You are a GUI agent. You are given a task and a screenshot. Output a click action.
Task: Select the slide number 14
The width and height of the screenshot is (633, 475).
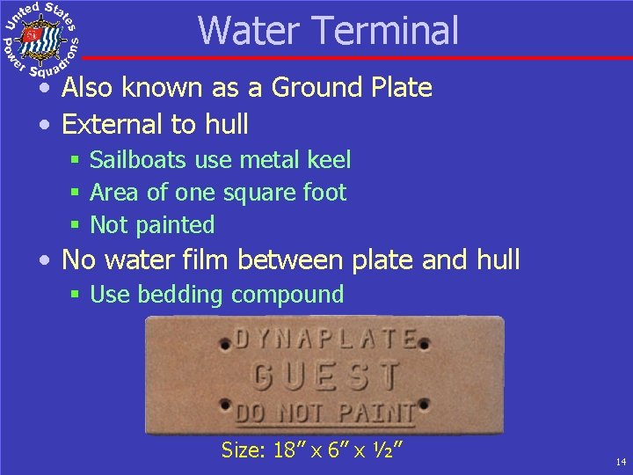click(621, 462)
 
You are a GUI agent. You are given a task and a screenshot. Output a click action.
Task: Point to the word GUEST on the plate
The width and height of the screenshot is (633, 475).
click(326, 376)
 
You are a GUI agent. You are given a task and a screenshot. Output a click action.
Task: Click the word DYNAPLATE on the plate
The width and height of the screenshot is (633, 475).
click(325, 340)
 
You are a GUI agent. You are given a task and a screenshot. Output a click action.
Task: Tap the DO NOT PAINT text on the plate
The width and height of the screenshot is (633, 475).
click(325, 411)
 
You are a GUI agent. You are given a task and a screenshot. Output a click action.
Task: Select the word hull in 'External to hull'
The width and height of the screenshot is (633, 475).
click(227, 124)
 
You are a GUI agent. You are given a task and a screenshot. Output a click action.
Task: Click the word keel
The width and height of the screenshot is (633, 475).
click(330, 160)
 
